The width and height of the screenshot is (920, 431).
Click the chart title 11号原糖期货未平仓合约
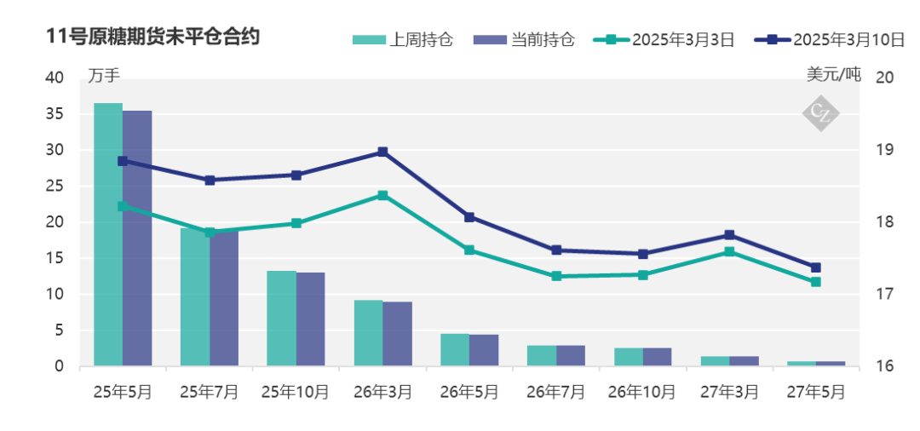click(x=153, y=37)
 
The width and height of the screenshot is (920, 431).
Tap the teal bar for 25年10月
click(x=281, y=319)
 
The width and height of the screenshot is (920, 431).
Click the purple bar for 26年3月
click(x=397, y=334)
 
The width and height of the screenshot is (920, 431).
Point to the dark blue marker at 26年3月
click(x=382, y=152)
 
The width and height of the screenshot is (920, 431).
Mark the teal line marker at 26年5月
click(x=469, y=250)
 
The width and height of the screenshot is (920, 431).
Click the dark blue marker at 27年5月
click(x=815, y=267)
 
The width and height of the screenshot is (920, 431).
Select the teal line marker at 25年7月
click(x=210, y=232)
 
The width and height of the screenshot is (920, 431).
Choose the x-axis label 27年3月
click(x=729, y=392)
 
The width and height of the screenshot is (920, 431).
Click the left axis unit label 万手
click(x=104, y=75)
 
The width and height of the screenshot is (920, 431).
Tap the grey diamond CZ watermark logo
click(x=821, y=112)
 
